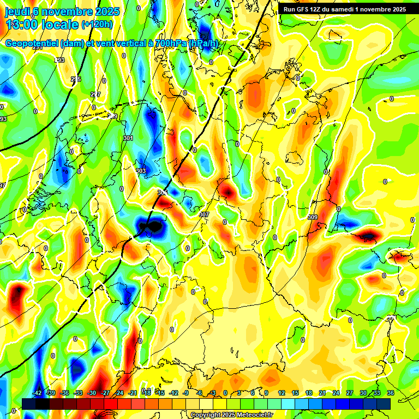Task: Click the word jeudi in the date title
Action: click(16, 11)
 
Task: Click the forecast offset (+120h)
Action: click(97, 24)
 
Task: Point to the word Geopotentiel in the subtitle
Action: click(33, 44)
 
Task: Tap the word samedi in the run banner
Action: click(346, 9)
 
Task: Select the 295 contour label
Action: click(76, 79)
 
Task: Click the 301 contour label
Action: click(128, 139)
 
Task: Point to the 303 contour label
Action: click(141, 171)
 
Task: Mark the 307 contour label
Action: click(204, 214)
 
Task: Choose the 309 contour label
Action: click(313, 218)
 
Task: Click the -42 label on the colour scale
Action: click(38, 393)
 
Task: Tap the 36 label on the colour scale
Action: click(391, 393)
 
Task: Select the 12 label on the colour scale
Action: click(282, 393)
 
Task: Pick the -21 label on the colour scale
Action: click(133, 393)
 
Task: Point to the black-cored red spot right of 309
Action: click(367, 236)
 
